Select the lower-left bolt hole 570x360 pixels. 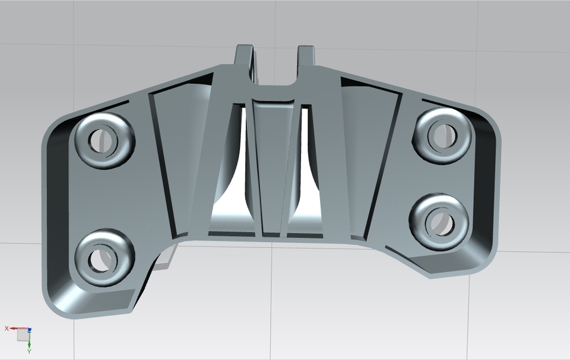(x=99, y=260)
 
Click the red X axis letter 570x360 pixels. (x=7, y=329)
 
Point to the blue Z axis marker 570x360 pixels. (x=29, y=330)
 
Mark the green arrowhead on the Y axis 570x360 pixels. (x=29, y=345)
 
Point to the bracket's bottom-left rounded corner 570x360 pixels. (x=56, y=306)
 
